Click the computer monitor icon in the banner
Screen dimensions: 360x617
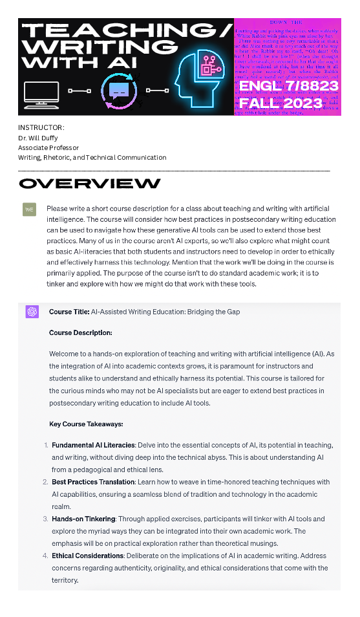(41, 94)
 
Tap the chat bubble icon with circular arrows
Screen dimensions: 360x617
(120, 91)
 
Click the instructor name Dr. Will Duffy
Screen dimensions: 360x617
(37, 138)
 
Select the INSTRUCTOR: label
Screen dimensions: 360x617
(41, 128)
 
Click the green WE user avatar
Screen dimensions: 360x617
(30, 210)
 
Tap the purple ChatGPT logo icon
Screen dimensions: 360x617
(32, 312)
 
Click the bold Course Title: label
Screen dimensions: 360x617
(69, 312)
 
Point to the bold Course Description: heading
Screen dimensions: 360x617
(81, 333)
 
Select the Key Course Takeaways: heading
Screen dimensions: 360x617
(86, 424)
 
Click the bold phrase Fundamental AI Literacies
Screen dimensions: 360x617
(94, 445)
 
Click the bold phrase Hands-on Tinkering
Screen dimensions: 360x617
(84, 519)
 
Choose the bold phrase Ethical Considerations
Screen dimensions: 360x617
(87, 556)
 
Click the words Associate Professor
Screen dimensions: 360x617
(48, 147)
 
